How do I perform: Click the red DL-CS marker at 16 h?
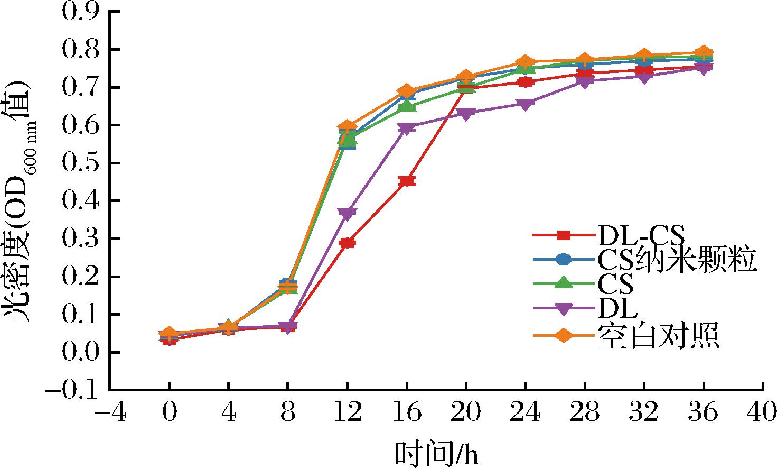point(407,181)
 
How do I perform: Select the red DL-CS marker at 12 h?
point(347,243)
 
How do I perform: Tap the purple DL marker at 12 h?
point(347,214)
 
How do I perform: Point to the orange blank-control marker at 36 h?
point(703,53)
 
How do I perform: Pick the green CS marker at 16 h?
point(407,106)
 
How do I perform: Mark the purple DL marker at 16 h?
point(407,129)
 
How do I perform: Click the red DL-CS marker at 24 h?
point(525,82)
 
